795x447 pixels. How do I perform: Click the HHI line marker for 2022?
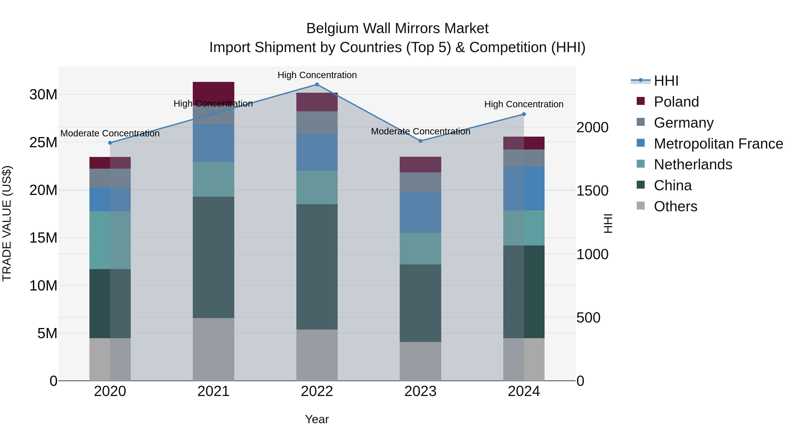[x=317, y=85]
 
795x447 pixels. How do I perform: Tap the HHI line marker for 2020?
[x=110, y=143]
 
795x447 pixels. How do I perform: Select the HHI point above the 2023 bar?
[x=420, y=141]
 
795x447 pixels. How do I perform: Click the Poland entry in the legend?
[x=676, y=102]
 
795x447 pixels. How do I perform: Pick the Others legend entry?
[x=675, y=206]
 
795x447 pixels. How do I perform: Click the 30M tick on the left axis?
[x=43, y=94]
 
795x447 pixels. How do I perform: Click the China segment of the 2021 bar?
[x=213, y=257]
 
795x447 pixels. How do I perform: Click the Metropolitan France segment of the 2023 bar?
[x=420, y=213]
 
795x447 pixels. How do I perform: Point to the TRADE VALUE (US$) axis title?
[x=7, y=223]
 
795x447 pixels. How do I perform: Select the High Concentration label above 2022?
[x=317, y=75]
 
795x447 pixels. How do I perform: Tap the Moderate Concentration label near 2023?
[x=420, y=131]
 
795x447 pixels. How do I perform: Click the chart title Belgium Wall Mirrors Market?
[x=397, y=28]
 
